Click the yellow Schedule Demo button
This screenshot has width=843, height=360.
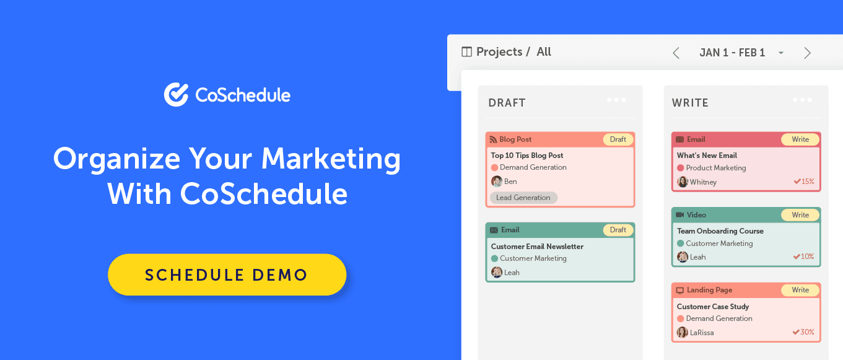pyautogui.click(x=227, y=274)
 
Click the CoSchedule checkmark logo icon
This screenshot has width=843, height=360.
pyautogui.click(x=176, y=95)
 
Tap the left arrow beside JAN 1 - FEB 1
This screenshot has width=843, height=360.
pyautogui.click(x=676, y=53)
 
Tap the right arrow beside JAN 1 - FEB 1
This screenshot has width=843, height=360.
pyautogui.click(x=807, y=53)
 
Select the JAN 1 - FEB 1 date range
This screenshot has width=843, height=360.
pyautogui.click(x=732, y=53)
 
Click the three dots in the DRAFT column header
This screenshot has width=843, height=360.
pyautogui.click(x=616, y=100)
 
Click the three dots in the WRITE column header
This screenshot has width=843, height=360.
pyautogui.click(x=802, y=100)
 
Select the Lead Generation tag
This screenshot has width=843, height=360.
pyautogui.click(x=523, y=198)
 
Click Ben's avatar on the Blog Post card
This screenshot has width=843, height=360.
pyautogui.click(x=497, y=182)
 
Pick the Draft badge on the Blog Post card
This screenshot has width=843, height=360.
pyautogui.click(x=618, y=139)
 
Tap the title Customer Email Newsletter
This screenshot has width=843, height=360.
pyautogui.click(x=537, y=246)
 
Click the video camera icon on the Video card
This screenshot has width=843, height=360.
pyautogui.click(x=680, y=215)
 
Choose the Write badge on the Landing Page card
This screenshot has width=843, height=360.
pyautogui.click(x=800, y=290)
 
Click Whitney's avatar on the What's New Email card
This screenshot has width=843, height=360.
pyautogui.click(x=683, y=182)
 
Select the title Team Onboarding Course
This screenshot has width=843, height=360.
pyautogui.click(x=720, y=231)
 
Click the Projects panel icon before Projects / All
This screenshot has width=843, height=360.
pyautogui.click(x=467, y=52)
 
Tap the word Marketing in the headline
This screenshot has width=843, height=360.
pyautogui.click(x=331, y=159)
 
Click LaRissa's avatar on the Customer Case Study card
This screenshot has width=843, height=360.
pyautogui.click(x=683, y=333)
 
